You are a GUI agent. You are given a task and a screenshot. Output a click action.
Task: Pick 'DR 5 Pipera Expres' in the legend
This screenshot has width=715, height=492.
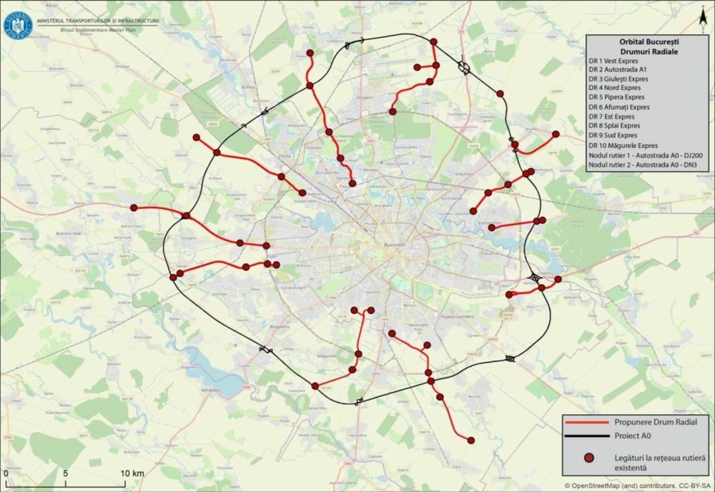pyautogui.click(x=616, y=97)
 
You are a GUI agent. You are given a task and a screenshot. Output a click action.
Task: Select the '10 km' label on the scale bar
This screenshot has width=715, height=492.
pyautogui.click(x=132, y=473)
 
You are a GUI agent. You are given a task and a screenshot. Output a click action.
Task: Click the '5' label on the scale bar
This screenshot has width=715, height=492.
pyautogui.click(x=65, y=473)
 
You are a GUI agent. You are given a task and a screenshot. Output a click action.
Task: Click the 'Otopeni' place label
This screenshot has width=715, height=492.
pyautogui.click(x=365, y=97)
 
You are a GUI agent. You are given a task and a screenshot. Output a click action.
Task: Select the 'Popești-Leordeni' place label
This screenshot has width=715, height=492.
pyautogui.click(x=458, y=315)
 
